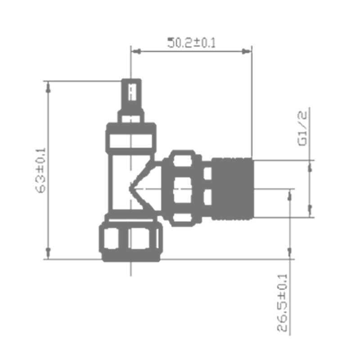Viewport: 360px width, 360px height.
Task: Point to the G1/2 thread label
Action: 302,129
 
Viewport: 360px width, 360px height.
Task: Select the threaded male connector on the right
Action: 232,188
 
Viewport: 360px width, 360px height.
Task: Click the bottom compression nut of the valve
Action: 131,238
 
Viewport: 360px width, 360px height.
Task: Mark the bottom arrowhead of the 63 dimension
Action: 49,252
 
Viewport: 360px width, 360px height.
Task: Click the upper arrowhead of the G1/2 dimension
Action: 310,167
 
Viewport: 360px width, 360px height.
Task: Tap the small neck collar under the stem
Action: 131,117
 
